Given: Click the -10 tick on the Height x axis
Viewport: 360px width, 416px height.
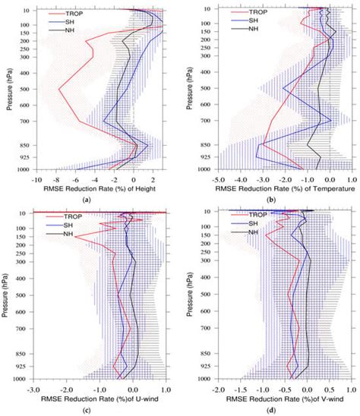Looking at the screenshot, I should tap(35, 180).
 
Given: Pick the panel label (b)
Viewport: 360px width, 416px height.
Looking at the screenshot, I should tap(271, 200).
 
